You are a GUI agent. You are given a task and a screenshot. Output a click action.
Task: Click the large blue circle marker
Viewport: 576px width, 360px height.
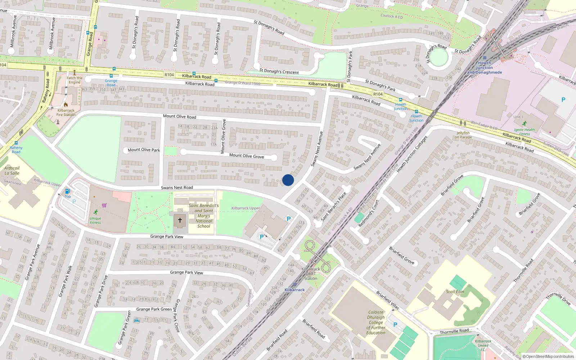click(288, 180)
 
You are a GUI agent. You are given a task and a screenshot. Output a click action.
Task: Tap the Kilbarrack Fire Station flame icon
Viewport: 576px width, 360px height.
click(66, 105)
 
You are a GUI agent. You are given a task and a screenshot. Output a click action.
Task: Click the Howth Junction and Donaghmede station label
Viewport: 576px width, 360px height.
click(485, 68)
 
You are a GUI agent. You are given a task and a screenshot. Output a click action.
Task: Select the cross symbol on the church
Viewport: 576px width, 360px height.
click(180, 220)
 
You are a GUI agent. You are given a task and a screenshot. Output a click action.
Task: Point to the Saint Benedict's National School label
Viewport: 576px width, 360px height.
click(204, 216)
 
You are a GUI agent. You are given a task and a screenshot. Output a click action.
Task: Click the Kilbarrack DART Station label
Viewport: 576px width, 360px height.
click(311, 274)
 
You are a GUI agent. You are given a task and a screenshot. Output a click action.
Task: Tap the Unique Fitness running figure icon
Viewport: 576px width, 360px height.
click(95, 212)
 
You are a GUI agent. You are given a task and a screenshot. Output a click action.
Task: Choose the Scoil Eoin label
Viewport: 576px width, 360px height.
click(455, 292)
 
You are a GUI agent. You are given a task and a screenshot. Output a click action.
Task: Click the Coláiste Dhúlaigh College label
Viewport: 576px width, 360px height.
click(376, 323)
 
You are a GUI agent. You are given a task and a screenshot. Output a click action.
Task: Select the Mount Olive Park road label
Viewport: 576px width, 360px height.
click(144, 150)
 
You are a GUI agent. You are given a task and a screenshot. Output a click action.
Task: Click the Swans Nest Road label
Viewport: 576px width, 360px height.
click(177, 188)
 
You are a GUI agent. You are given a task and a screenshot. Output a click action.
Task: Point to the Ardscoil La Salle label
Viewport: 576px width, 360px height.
click(12, 171)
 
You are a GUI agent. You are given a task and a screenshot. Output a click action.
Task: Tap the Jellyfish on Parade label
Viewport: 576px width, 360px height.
click(463, 135)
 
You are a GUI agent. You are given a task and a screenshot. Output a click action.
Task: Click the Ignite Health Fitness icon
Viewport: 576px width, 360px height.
click(524, 123)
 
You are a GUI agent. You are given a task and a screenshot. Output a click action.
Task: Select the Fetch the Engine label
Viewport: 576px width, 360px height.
click(75, 80)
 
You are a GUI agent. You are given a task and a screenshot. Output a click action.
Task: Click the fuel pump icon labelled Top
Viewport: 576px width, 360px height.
click(67, 191)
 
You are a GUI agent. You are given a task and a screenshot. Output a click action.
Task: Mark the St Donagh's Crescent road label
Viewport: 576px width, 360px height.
click(279, 71)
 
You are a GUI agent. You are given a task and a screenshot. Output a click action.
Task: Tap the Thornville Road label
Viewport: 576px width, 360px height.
click(454, 331)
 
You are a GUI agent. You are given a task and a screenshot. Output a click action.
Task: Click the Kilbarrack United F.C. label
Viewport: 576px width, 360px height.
click(483, 345)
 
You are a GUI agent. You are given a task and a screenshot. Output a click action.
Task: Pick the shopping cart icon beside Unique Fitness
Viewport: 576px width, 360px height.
click(104, 205)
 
